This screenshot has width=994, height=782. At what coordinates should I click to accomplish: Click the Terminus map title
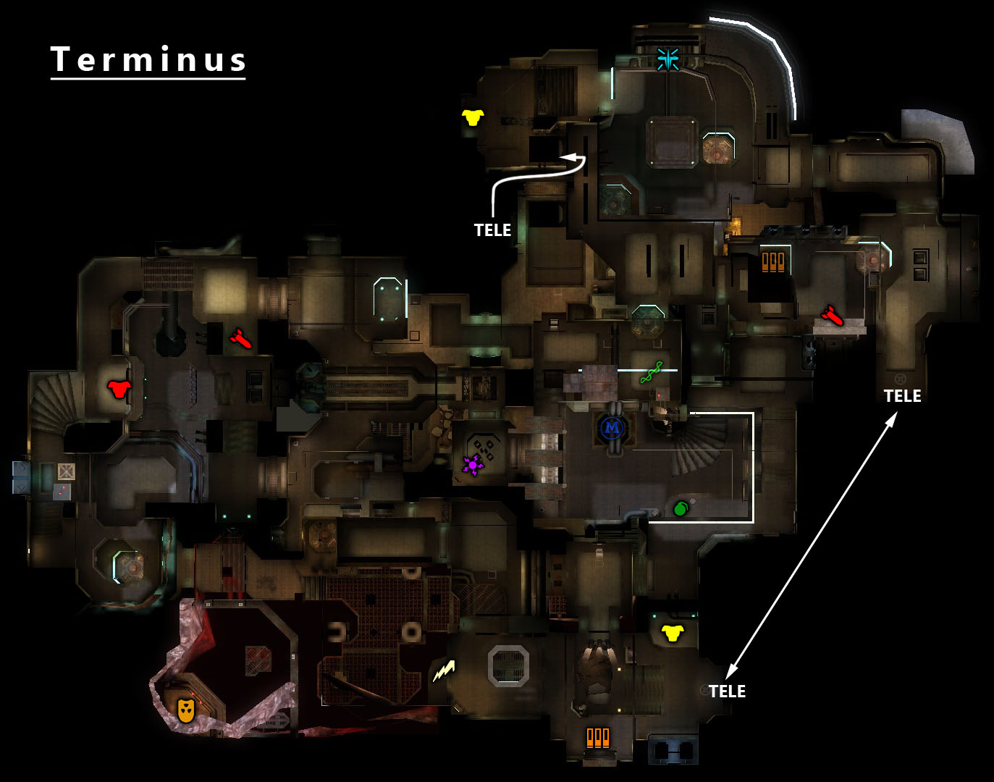coord(148,59)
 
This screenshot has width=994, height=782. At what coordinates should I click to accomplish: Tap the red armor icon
coord(119,389)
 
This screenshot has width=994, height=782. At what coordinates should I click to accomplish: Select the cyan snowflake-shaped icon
coord(667,59)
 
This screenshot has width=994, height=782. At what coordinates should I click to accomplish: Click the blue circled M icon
coord(612,428)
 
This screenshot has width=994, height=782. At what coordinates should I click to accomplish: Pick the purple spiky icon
coord(473,464)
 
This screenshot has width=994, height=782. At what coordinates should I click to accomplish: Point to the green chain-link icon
coord(651,372)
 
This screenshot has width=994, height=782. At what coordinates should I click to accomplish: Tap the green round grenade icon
coord(680,509)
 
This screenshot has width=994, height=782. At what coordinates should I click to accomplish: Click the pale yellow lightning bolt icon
coord(444,671)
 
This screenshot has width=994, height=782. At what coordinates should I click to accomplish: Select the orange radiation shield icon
coord(186,710)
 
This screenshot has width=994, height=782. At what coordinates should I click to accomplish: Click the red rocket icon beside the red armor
coord(240,338)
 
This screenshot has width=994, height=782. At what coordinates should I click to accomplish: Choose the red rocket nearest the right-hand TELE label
coord(832,316)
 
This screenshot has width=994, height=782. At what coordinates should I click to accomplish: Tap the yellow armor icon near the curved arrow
coord(473,117)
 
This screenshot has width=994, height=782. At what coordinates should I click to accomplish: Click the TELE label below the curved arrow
coord(492,230)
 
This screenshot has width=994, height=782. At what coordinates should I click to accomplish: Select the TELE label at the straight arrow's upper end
coord(902,396)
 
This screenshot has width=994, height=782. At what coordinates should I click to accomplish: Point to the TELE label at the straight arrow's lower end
coord(727,691)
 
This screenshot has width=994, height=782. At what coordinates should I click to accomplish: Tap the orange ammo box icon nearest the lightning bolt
coord(598,737)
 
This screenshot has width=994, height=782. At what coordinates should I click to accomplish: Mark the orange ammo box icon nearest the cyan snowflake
coord(773,261)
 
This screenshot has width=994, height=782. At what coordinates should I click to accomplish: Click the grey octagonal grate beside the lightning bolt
coord(508,665)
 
